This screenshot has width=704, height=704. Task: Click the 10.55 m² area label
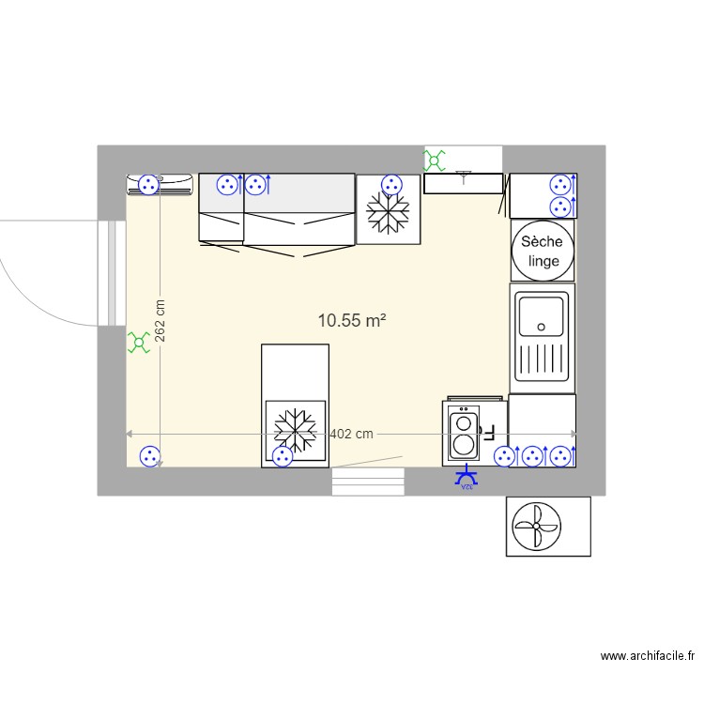click(353, 321)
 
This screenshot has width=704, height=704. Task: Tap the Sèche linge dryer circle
click(542, 250)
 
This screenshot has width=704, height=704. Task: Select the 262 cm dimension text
click(161, 321)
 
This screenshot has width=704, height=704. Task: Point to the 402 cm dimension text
click(352, 434)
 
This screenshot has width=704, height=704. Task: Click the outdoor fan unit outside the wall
click(536, 527)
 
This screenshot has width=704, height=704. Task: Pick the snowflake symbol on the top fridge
click(388, 213)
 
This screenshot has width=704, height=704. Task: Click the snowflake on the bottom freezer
click(294, 429)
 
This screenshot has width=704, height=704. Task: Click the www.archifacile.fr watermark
click(648, 657)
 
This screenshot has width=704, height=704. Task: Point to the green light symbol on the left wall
click(139, 343)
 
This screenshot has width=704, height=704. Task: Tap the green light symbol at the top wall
click(436, 161)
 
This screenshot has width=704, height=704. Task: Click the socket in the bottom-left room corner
click(148, 457)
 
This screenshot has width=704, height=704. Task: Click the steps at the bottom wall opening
click(368, 482)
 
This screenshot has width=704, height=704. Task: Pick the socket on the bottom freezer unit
click(282, 457)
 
